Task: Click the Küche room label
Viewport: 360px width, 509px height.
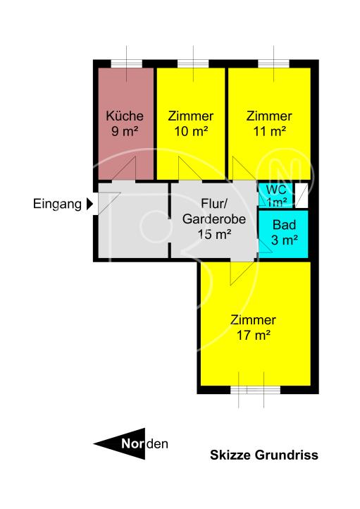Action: [125, 116]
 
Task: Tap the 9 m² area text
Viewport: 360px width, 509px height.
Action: [125, 131]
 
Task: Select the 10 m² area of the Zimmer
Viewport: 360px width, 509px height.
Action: [191, 131]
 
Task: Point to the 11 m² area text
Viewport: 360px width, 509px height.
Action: [268, 131]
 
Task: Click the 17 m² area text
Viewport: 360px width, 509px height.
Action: [254, 336]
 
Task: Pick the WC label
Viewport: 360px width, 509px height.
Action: [276, 190]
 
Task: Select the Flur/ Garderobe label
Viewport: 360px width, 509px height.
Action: [214, 212]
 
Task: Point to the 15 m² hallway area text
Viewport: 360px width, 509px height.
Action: [214, 234]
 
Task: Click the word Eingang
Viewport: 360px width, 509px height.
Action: [56, 205]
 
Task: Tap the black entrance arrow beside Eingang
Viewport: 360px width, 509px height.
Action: [89, 205]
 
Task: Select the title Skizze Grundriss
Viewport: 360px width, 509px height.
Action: [264, 455]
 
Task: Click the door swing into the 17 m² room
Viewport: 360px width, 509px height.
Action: [241, 271]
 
